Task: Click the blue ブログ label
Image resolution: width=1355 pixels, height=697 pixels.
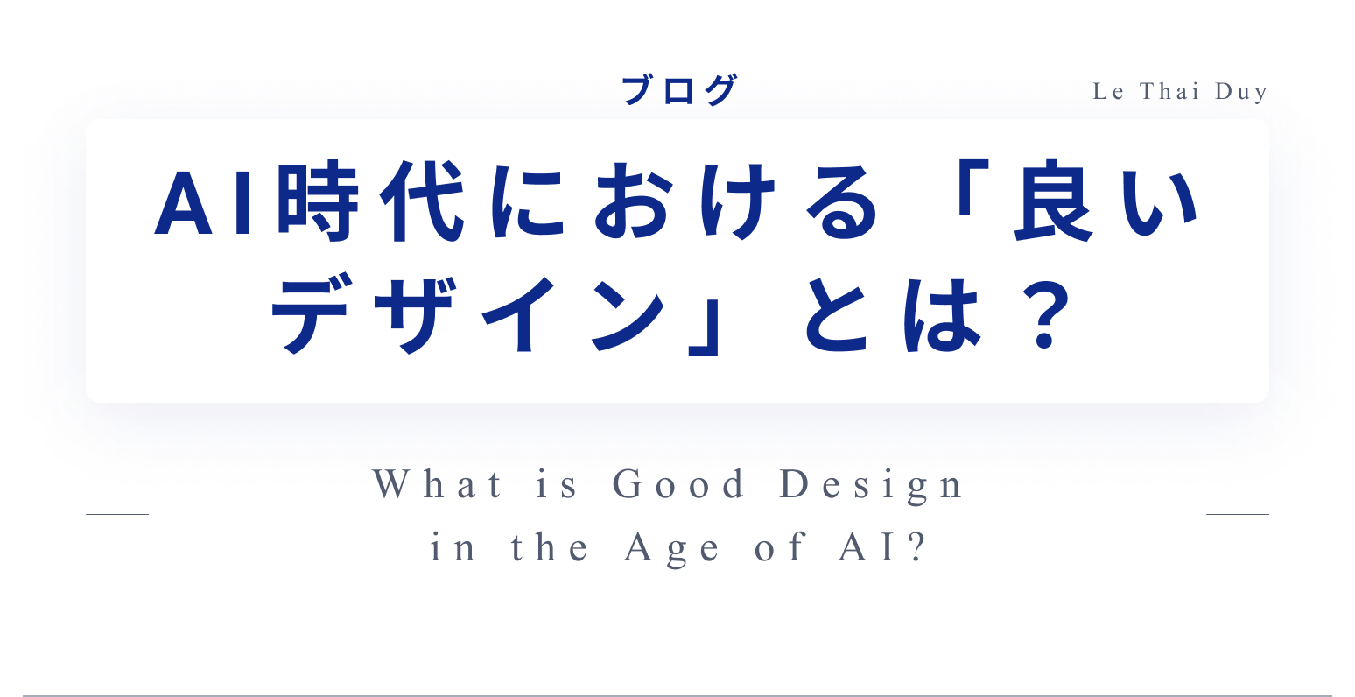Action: coord(679,90)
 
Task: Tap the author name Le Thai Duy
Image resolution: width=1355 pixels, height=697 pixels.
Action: coord(1180,91)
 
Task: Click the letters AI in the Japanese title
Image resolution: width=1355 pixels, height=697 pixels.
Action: coord(203,202)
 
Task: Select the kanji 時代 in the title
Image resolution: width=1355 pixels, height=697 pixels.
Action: coord(371,201)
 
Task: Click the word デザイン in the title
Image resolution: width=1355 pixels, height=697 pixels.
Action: coord(469,313)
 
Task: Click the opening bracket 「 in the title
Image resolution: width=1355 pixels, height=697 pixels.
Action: coord(973,187)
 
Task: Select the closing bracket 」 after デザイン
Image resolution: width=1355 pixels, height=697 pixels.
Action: coord(704,327)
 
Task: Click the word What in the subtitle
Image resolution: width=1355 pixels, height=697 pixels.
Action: coord(437,484)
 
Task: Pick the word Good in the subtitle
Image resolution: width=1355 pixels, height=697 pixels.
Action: coord(678,484)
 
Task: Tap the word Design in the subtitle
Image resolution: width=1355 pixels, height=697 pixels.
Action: coord(871,485)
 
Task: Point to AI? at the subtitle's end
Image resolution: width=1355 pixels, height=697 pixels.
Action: coord(882,547)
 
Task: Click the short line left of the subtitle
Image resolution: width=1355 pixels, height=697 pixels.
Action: coord(117,514)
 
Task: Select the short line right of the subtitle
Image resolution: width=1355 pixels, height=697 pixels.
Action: coord(1237,514)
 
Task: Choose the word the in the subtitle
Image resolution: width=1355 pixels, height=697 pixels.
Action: coord(549,547)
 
